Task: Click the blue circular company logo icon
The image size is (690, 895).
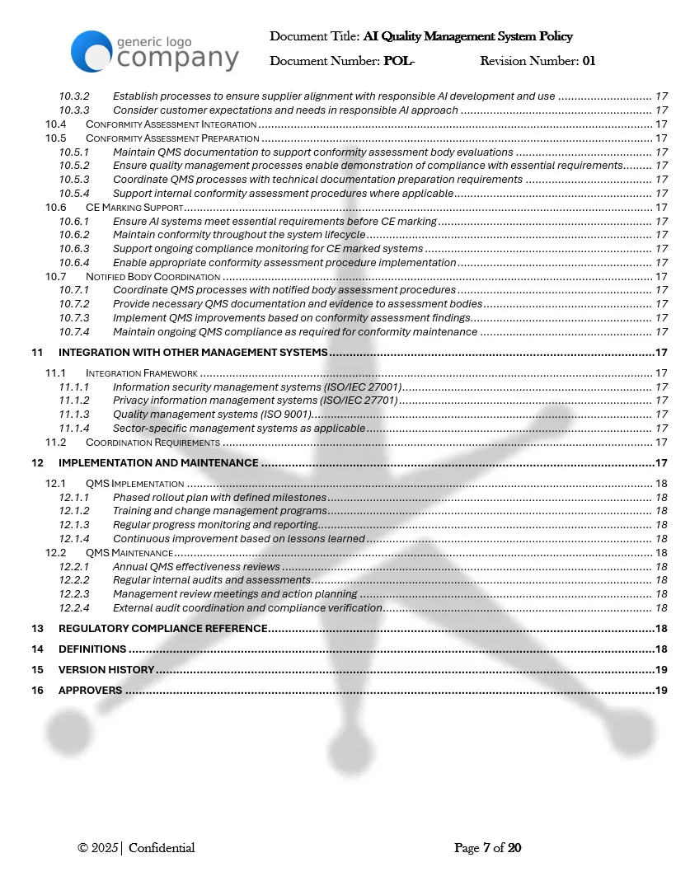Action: pos(91,51)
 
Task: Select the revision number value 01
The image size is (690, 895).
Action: pos(589,61)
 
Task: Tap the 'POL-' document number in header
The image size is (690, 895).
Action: pos(399,61)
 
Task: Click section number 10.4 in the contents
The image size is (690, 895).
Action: pos(55,124)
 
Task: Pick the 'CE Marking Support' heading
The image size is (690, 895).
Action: pos(134,207)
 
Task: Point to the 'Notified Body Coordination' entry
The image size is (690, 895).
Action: pos(153,276)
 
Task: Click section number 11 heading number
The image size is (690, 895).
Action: pos(37,353)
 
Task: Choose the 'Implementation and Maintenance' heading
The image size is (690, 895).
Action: pos(158,463)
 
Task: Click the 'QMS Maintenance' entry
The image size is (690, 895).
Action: pos(129,552)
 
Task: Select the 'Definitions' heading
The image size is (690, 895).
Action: pos(92,649)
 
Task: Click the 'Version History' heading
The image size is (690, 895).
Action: pos(106,670)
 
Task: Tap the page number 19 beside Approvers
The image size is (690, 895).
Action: pos(660,691)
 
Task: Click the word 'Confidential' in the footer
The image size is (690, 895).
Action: pos(162,848)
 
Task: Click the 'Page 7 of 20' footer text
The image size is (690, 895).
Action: pos(487,848)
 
